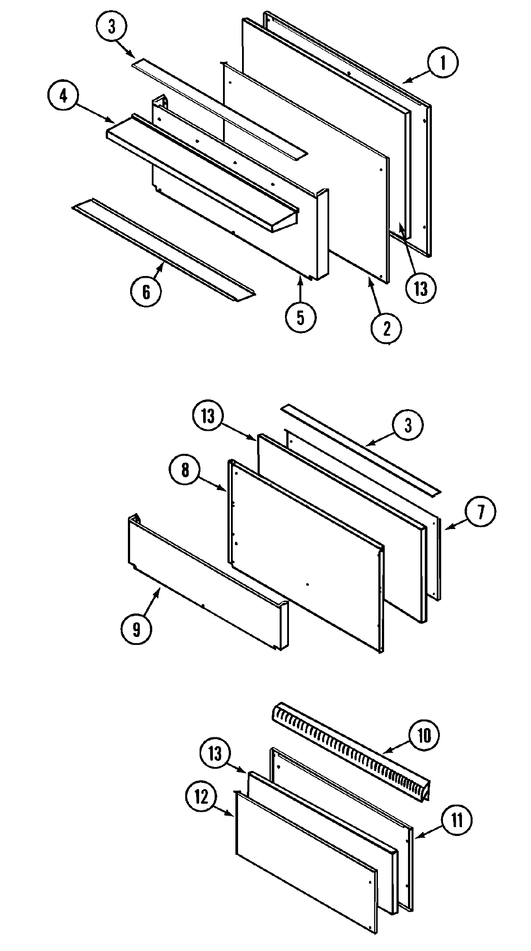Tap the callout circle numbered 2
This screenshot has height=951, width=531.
pos(387,328)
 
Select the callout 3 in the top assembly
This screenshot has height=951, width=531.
pos(111,27)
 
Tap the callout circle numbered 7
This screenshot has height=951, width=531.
pos(481,512)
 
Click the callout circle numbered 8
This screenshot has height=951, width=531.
pos(185,469)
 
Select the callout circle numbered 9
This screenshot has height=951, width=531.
pos(136,629)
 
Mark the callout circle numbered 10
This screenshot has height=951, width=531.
pos(424,736)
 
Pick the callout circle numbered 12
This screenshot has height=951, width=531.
pos(201,797)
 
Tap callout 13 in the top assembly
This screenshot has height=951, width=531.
pos(421,288)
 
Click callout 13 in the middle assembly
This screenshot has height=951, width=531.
pos(208,416)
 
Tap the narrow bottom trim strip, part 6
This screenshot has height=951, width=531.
pos(164,250)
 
